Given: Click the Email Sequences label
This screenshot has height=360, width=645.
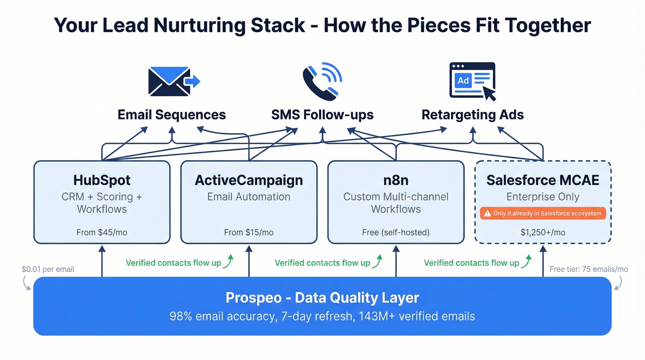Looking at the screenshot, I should point(172,114).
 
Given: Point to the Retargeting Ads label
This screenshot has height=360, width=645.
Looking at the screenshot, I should point(473,114).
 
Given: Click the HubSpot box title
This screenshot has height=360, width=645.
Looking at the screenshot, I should point(102,180).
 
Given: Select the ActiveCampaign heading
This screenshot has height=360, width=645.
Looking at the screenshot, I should point(249,180).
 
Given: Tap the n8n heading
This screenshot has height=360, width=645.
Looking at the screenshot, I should point(396,180).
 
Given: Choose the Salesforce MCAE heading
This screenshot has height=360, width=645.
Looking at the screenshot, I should point(543,180).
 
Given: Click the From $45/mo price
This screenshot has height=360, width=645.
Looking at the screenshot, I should point(102,232).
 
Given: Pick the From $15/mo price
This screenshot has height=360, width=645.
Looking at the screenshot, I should point(249,232).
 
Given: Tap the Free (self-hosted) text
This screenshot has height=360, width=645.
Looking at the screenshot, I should point(396,232).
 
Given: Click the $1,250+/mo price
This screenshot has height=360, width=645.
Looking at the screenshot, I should point(543,232).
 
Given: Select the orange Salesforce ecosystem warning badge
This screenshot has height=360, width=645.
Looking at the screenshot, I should point(543,213).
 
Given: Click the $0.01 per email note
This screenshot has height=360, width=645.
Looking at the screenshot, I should point(47,269).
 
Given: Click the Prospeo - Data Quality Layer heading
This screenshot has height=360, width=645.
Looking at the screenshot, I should point(322,298).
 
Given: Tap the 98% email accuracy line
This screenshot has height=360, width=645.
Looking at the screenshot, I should point(322,316).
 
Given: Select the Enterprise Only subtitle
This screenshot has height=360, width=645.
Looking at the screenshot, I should point(543,197).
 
